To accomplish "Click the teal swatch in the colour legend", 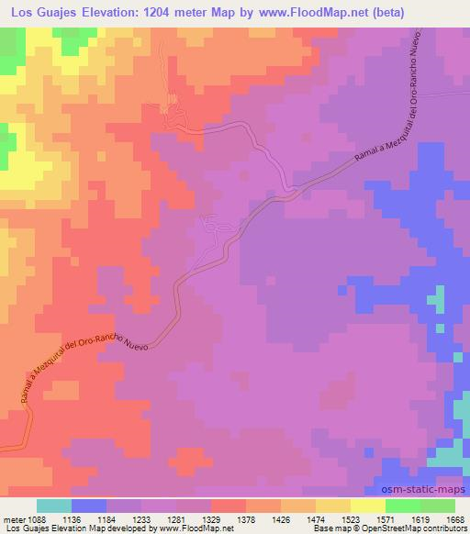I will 54,506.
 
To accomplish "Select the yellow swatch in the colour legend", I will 368,506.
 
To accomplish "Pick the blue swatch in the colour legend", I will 89,506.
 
